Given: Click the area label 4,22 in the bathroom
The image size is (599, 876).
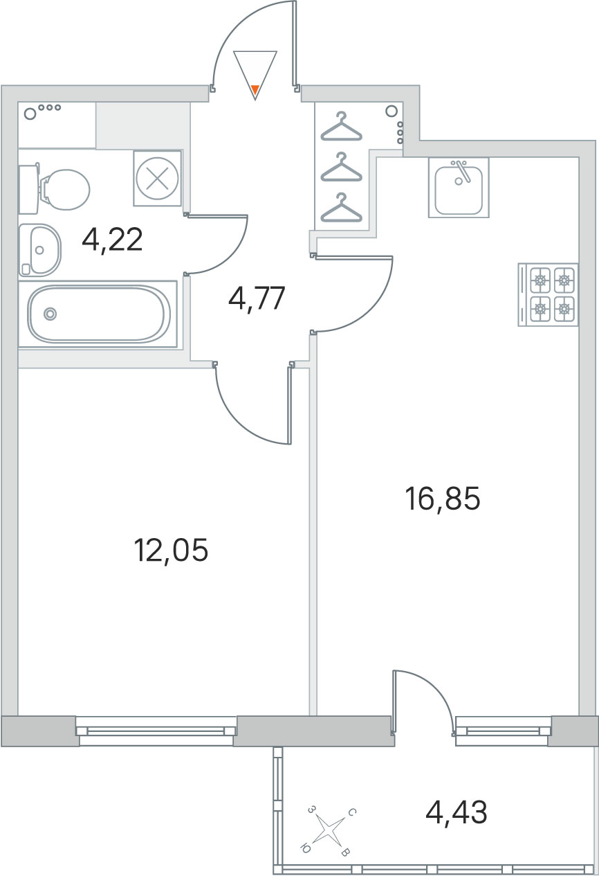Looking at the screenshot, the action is click(x=112, y=240).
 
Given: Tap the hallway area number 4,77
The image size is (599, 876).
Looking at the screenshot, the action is click(x=257, y=298).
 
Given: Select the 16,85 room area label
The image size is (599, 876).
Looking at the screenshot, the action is click(x=443, y=498).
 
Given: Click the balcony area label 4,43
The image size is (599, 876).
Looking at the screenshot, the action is click(x=457, y=812).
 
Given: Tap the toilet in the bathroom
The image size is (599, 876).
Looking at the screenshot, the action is click(x=55, y=189).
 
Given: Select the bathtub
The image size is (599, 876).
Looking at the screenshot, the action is click(x=98, y=314).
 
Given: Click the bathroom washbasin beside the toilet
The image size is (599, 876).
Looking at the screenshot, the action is click(x=40, y=250).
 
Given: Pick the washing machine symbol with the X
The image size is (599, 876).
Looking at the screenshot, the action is click(x=158, y=179).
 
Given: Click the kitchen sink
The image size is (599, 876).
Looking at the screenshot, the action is click(x=459, y=188).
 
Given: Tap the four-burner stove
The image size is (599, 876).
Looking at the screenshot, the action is click(x=549, y=295).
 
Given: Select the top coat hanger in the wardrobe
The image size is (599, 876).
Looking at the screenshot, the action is click(x=341, y=126).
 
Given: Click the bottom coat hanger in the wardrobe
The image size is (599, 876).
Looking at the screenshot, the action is click(x=341, y=208).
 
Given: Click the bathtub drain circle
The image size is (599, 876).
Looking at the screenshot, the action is click(x=50, y=314).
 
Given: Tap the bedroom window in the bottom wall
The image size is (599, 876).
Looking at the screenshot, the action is click(x=156, y=730).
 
